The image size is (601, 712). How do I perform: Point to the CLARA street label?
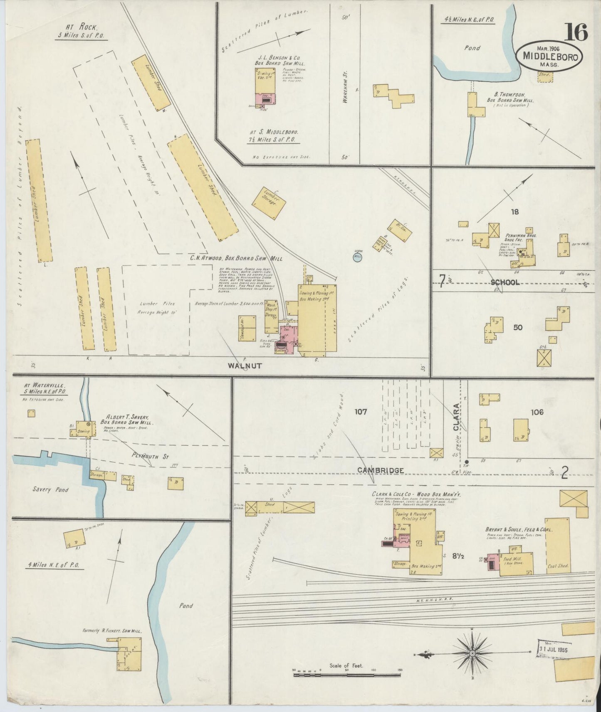(x=456, y=417)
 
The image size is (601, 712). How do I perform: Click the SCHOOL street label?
(x=505, y=282)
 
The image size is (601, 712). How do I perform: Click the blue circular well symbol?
(x=357, y=258)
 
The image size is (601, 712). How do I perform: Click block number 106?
(x=537, y=412)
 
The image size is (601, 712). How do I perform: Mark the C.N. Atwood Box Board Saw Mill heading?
(x=236, y=258)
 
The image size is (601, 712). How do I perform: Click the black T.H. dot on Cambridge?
(x=466, y=462)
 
